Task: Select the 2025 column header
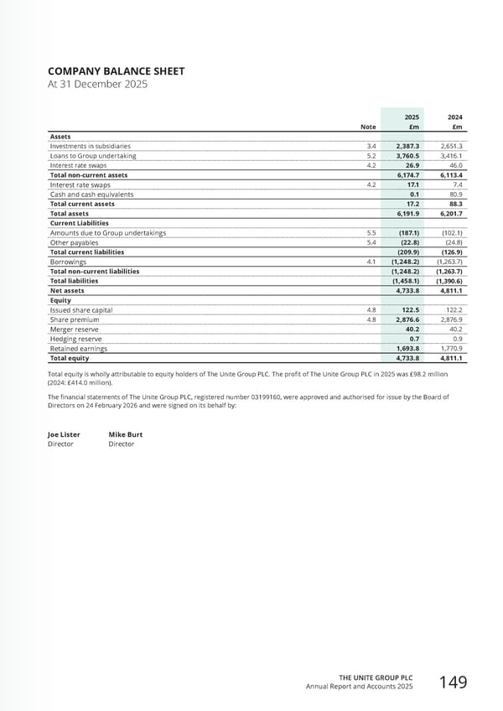(412, 117)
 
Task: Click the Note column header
(367, 127)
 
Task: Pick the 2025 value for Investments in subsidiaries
(407, 146)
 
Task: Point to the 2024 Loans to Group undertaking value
(452, 156)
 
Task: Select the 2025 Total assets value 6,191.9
(407, 214)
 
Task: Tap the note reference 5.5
(371, 233)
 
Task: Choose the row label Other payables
(74, 242)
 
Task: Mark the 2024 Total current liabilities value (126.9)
(451, 252)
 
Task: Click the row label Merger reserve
(75, 329)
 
